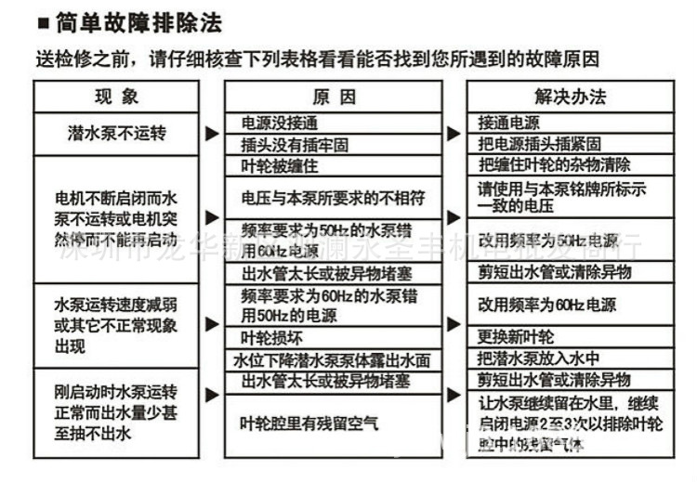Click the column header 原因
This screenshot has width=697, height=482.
tap(334, 97)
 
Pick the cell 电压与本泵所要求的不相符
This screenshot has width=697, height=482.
tap(333, 197)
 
